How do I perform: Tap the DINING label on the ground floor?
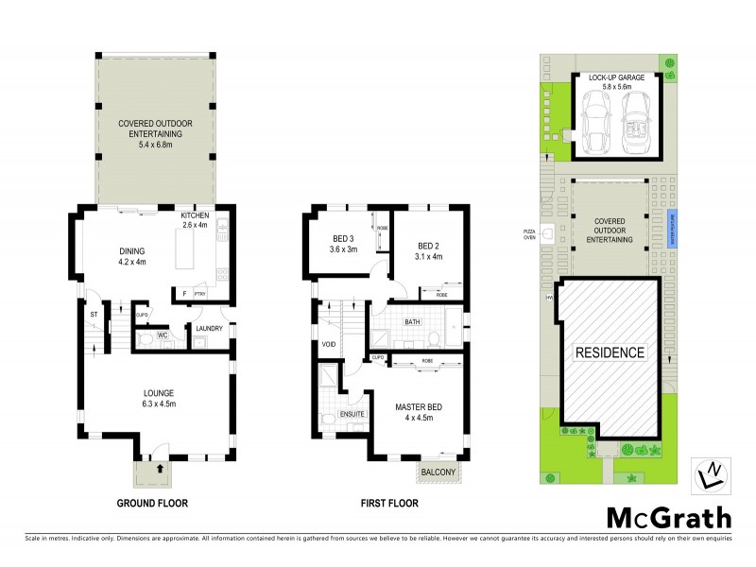(131, 250)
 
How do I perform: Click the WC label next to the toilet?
(162, 335)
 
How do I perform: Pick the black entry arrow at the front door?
(159, 467)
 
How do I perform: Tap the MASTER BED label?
(418, 407)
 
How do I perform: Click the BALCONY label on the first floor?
(438, 472)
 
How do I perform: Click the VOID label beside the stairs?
(330, 344)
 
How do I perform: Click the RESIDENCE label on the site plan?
(610, 352)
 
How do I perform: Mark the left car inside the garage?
(597, 122)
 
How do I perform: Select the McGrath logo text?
(666, 517)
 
